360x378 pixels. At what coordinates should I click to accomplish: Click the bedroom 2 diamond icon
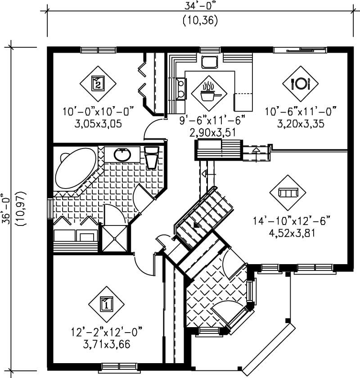(98, 83)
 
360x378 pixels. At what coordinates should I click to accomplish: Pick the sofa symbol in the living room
(288, 193)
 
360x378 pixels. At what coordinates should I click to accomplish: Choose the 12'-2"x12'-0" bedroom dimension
(106, 333)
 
